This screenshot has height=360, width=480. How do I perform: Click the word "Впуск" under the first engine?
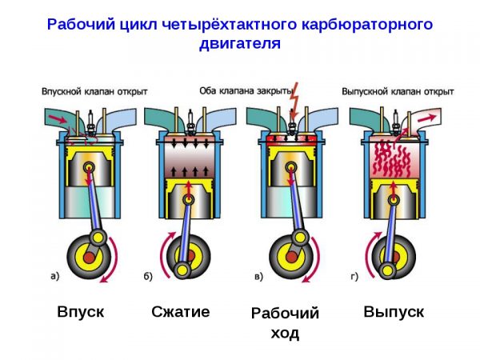pyautogui.click(x=81, y=311)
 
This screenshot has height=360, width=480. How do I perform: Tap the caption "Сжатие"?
pyautogui.click(x=181, y=311)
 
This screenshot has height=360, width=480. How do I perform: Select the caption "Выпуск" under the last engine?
pyautogui.click(x=394, y=311)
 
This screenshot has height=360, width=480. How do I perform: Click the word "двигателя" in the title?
pyautogui.click(x=240, y=43)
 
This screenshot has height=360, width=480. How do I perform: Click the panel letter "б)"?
pyautogui.click(x=149, y=277)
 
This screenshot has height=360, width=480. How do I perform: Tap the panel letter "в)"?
pyautogui.click(x=257, y=277)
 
